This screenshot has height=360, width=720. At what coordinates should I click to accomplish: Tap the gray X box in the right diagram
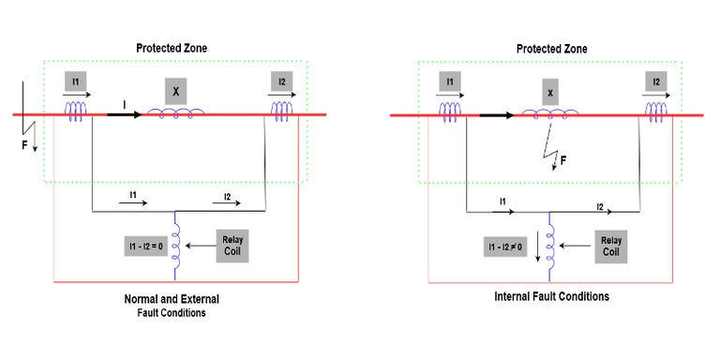(x=550, y=92)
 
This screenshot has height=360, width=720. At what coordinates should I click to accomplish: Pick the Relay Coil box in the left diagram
(x=232, y=247)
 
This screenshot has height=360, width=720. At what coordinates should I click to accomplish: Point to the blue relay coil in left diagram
(x=176, y=247)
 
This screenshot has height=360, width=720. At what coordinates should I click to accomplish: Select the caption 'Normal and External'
(x=172, y=299)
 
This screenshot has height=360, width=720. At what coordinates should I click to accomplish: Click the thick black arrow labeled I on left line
(x=124, y=114)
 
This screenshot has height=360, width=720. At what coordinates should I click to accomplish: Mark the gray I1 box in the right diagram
(x=451, y=82)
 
